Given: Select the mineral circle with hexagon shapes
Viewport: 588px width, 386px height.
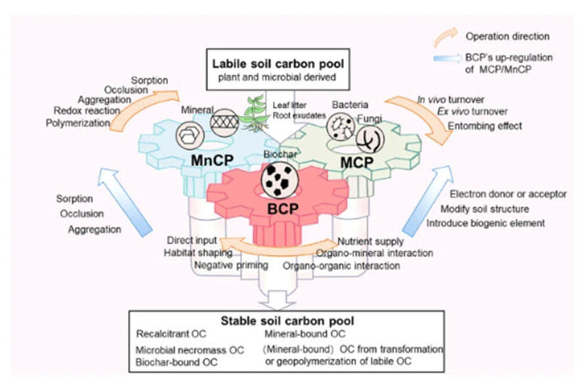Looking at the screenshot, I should click(x=188, y=135).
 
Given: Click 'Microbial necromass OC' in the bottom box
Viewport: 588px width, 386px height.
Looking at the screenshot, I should click(x=189, y=350).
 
